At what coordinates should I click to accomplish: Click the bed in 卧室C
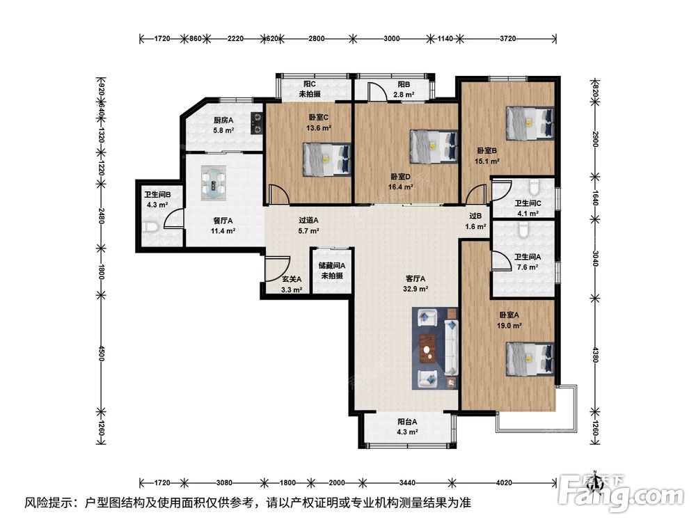[327, 159]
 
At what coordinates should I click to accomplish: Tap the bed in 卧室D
[434, 146]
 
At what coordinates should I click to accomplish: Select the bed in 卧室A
[530, 358]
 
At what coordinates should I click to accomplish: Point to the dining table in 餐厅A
[214, 182]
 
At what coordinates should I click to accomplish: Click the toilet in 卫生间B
[151, 227]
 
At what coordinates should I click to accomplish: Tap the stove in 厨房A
[257, 123]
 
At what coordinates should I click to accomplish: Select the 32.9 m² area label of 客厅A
[416, 289]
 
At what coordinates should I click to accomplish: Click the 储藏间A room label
[332, 265]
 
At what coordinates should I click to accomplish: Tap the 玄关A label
[292, 279]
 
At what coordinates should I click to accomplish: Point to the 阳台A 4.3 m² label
[407, 427]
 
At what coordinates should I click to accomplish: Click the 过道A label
[308, 220]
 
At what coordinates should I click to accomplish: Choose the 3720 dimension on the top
[508, 38]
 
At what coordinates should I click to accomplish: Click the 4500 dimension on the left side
[101, 354]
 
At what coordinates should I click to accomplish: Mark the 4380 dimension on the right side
[595, 354]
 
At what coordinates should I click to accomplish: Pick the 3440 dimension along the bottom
[407, 482]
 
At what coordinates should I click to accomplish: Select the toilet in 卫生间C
[534, 187]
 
